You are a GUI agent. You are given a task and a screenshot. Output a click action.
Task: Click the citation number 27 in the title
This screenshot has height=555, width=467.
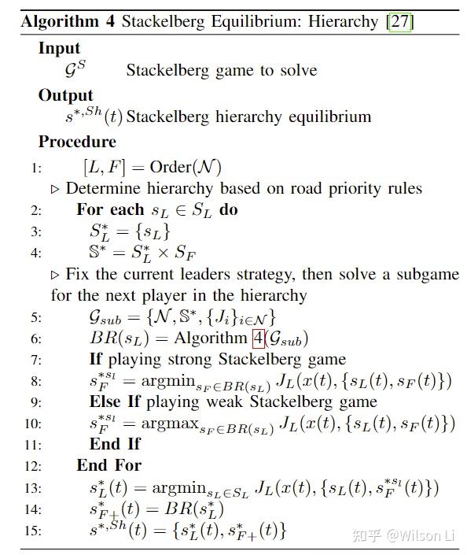399,21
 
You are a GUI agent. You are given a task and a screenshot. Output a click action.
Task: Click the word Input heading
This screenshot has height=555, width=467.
59,48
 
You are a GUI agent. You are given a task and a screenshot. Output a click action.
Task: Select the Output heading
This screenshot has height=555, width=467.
65,95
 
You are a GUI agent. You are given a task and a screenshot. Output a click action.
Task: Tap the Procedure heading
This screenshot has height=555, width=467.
77,142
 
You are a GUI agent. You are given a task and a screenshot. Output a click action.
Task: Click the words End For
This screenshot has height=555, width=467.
108,464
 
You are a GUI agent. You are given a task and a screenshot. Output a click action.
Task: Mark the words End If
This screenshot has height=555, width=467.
115,444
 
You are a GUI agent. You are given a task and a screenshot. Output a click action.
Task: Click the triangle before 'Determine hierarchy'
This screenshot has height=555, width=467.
55,189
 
